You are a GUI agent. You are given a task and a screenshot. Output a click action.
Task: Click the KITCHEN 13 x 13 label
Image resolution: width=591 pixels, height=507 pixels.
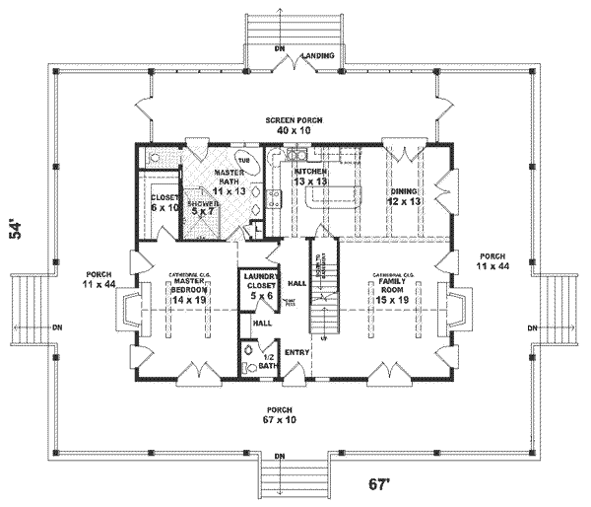coord(310,176)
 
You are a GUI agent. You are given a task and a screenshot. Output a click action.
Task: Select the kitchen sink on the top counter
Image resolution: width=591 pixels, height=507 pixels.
coord(295,156)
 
